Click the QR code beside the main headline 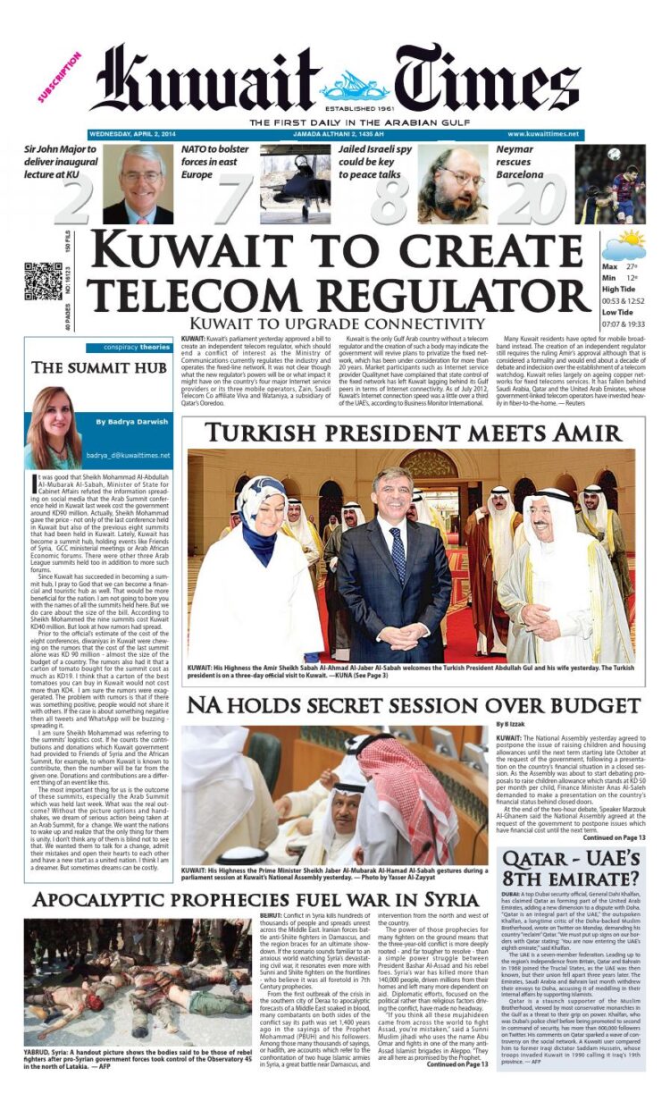click(x=43, y=282)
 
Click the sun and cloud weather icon click(x=624, y=245)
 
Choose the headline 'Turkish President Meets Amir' click(x=414, y=433)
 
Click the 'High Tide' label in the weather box click(x=618, y=289)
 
